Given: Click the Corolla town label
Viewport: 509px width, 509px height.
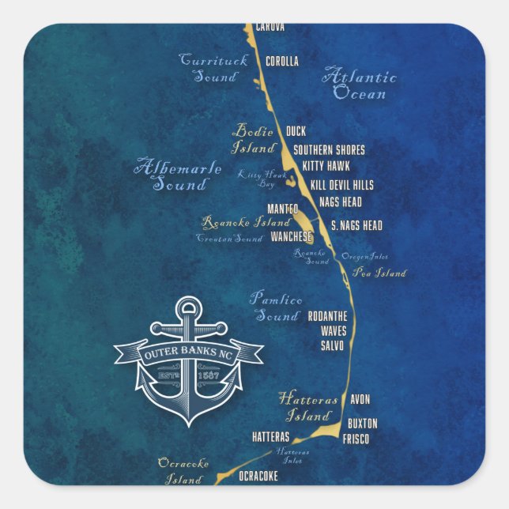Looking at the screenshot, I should coord(282,61).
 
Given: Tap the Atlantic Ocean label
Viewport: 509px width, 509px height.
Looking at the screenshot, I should coord(360,85).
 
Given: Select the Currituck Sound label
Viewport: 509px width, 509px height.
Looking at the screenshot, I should coord(214,69).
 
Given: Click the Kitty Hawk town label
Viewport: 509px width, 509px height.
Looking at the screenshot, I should coord(326,167).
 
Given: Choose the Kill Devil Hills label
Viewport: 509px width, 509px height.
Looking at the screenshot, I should coord(341,184).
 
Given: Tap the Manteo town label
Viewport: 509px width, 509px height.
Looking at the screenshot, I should coord(283,209).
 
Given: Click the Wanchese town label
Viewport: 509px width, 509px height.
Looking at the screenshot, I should coord(291,236).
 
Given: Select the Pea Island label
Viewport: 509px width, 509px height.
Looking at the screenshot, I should coord(379,273).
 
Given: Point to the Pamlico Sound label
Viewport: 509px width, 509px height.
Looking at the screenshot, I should coord(276,307).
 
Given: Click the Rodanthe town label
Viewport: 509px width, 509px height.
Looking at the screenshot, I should coord(327,316).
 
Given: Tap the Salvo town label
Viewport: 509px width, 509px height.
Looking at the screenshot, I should coord(332,345).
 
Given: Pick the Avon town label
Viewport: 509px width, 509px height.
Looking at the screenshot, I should coord(360,400).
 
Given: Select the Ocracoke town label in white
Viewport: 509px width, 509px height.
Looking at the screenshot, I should coord(258,476).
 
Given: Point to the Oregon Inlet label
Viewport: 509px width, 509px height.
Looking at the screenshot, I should coord(364,257).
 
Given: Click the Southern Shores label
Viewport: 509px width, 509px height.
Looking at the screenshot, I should coord(329,149).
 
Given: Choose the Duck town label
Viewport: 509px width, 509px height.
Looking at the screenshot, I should coord(296,131).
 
